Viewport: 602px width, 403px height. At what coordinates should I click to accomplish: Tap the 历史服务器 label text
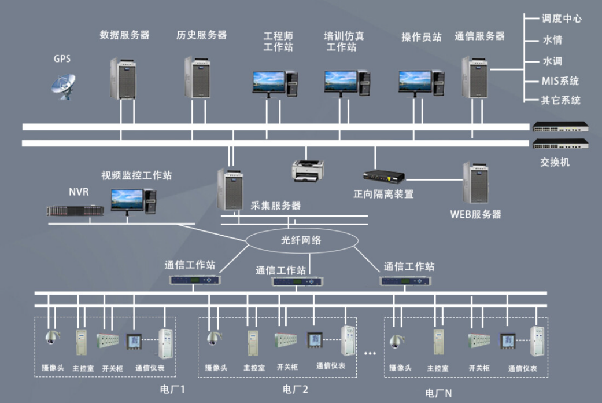[201, 35]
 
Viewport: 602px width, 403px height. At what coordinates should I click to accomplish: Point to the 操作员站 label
[422, 37]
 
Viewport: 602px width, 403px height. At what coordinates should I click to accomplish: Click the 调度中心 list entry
[561, 19]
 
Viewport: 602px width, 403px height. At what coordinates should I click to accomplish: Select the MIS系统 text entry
[560, 81]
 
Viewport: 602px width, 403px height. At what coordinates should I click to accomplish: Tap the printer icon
[308, 170]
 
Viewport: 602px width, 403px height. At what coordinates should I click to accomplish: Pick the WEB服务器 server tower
[476, 184]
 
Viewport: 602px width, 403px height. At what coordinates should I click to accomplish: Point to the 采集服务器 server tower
[230, 189]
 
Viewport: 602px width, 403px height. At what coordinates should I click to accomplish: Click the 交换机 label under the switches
[555, 163]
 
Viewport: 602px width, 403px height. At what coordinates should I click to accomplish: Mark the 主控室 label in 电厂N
[438, 368]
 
